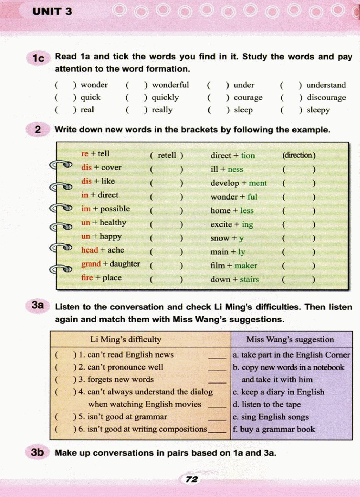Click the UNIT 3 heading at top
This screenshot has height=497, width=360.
(x=52, y=12)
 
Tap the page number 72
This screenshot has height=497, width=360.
(x=192, y=479)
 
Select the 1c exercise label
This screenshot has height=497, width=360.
(x=38, y=58)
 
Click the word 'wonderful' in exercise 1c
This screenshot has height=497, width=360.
(x=171, y=85)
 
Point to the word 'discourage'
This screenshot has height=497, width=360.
(x=326, y=97)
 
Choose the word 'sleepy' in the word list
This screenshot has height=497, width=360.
(x=318, y=110)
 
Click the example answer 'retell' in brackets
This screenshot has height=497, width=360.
(x=167, y=155)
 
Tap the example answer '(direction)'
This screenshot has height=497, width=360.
(x=299, y=155)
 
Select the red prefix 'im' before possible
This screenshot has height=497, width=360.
(x=86, y=209)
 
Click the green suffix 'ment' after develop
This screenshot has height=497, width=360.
(x=258, y=183)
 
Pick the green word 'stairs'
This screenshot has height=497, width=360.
(x=249, y=280)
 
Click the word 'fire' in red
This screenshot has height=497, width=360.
(x=87, y=277)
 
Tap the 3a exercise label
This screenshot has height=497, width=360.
(x=38, y=305)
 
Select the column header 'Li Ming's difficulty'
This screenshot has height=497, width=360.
(x=126, y=339)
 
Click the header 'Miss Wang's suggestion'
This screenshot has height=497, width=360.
(x=290, y=339)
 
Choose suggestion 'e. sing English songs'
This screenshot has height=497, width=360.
(x=271, y=417)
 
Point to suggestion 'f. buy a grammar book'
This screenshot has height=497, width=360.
(x=274, y=429)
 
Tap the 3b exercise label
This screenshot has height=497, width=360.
(x=37, y=452)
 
